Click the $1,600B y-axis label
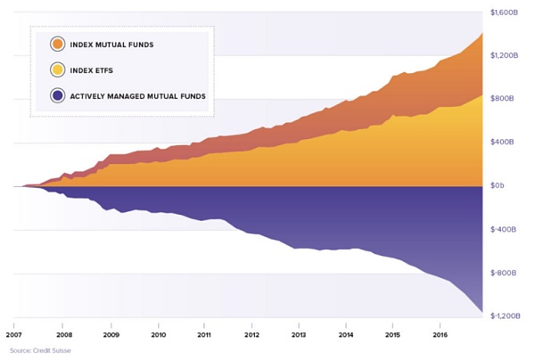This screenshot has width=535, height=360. click(x=504, y=12)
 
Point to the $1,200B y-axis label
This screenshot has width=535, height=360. click(x=504, y=55)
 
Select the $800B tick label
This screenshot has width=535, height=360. click(x=506, y=99)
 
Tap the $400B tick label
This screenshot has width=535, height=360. click(x=506, y=143)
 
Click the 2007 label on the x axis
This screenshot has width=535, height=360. click(x=13, y=335)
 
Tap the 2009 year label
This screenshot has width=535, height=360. click(x=111, y=335)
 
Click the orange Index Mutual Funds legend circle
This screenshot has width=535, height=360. click(x=58, y=44)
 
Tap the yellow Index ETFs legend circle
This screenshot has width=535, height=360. click(x=58, y=70)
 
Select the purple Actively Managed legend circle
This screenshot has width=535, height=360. click(x=58, y=95)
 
